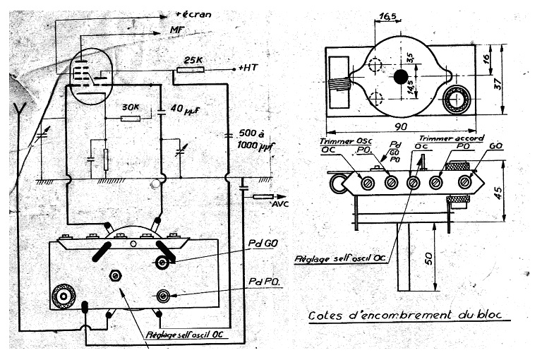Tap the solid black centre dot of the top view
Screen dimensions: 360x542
tap(401, 76)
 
